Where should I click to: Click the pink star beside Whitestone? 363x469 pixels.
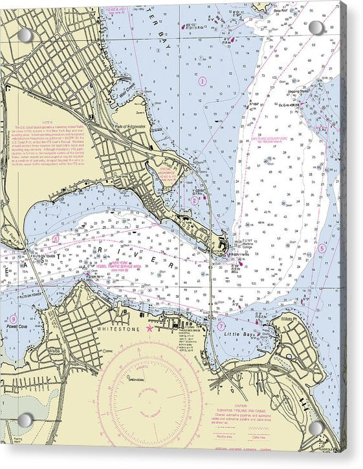pos(150,329)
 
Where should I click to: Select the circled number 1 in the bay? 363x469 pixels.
pos(202,81)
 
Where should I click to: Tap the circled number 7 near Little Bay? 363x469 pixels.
pos(221,326)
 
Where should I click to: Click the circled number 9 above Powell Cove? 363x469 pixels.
pos(13,319)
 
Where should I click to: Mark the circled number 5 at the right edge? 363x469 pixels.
pos(322,248)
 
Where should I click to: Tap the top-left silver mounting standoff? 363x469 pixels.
pos(24,34)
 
